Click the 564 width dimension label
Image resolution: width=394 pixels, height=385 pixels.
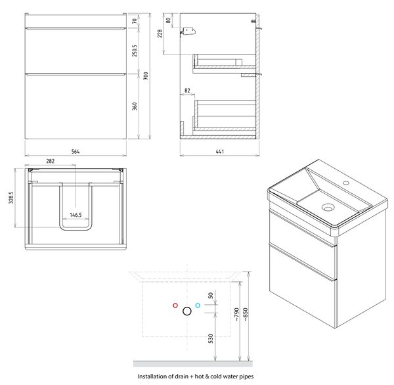coord(76,151)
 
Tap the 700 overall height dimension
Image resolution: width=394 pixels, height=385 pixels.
coord(146,76)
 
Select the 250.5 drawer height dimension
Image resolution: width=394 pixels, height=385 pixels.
coord(135,51)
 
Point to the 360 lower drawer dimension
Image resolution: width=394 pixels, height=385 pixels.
coord(135,106)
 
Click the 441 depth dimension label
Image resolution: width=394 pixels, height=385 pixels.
coord(219,151)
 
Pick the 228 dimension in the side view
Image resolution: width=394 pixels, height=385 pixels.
coord(160,34)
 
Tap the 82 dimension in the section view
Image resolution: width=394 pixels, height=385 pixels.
coord(187,90)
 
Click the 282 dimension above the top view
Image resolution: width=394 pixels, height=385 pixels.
coord(51,161)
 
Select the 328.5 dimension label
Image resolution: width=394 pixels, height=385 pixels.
coord(11,197)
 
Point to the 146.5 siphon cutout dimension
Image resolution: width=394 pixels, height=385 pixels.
coord(76,215)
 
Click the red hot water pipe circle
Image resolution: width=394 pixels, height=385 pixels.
coord(175,306)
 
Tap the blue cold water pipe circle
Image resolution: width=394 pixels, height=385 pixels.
coord(198,306)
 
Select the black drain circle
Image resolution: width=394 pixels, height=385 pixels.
coord(187,311)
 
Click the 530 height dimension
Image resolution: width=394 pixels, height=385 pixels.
coord(211,338)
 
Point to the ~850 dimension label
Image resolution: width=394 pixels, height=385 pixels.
coord(246,315)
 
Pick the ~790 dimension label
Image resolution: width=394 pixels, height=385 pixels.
coord(236,315)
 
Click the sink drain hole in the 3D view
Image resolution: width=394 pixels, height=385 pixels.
coord(328,207)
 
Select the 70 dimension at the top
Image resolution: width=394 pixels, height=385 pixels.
coord(135,21)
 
